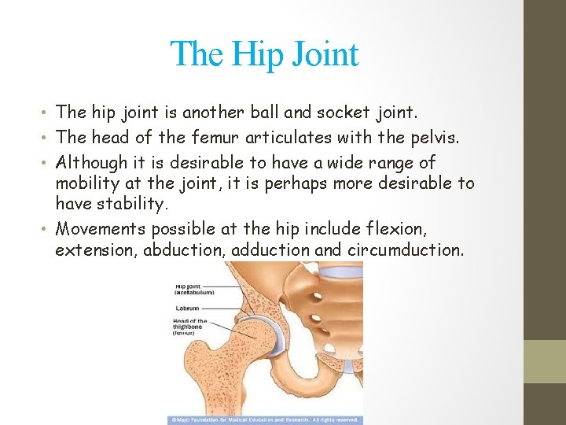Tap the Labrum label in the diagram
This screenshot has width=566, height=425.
click(x=187, y=308)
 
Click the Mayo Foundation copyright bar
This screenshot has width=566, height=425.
click(x=265, y=420)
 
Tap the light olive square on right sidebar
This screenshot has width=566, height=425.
click(x=545, y=360)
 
